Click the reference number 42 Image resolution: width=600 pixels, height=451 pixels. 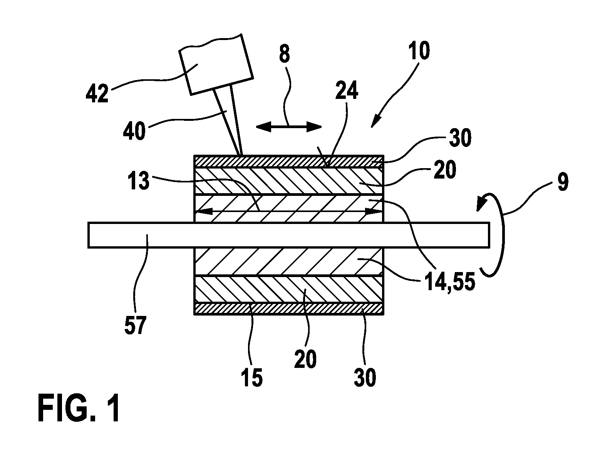(x=97, y=94)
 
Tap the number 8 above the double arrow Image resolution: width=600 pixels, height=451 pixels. (x=285, y=54)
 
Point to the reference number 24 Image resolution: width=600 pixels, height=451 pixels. (x=347, y=90)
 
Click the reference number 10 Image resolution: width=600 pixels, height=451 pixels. (x=419, y=50)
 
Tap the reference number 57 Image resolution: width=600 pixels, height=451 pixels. (x=135, y=325)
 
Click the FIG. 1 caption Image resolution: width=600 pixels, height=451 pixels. (x=79, y=408)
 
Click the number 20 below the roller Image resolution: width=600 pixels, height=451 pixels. (x=305, y=359)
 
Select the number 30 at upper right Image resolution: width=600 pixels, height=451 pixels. (x=460, y=138)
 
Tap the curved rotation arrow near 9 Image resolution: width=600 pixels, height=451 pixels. (x=492, y=235)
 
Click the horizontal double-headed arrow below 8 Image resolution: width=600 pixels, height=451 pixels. (x=289, y=127)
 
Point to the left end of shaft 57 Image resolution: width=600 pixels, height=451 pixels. (x=88, y=235)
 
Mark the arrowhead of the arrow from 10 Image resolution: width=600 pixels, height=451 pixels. (x=375, y=122)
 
